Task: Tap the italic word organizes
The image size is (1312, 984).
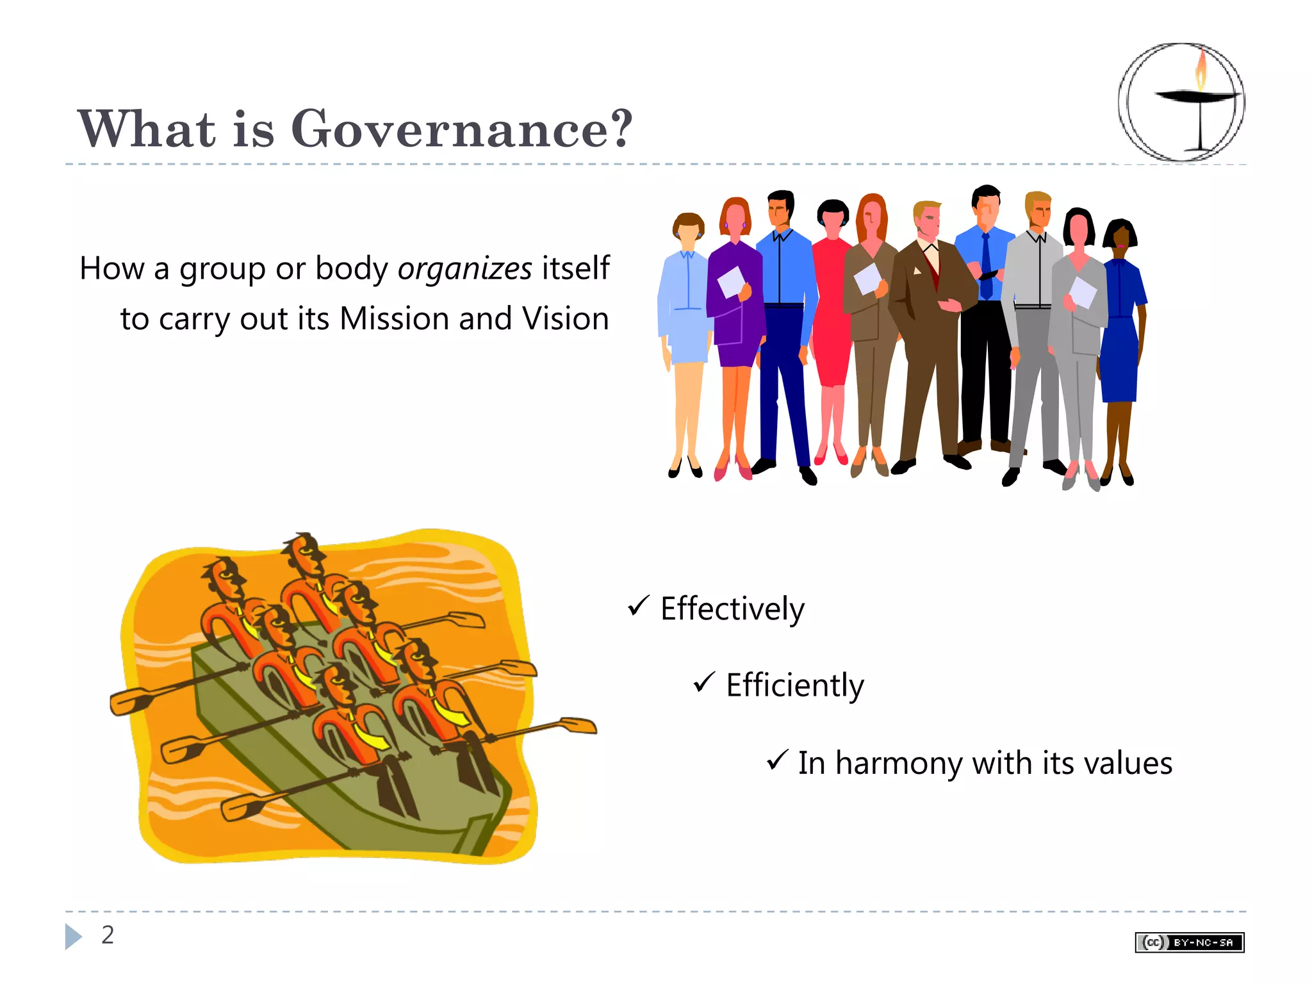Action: (x=464, y=269)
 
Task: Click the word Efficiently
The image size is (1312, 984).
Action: (x=794, y=685)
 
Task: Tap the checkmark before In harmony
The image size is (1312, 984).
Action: (x=776, y=760)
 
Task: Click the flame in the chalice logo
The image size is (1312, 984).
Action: (x=1201, y=70)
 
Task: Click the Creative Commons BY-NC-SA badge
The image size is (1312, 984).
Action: (x=1189, y=942)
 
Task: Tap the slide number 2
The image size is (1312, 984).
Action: (x=108, y=935)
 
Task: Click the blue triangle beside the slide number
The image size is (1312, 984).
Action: (x=73, y=937)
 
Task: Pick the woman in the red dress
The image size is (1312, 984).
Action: (x=832, y=307)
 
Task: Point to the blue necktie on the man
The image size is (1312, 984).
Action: (x=986, y=266)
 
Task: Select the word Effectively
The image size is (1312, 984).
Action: (x=732, y=609)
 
